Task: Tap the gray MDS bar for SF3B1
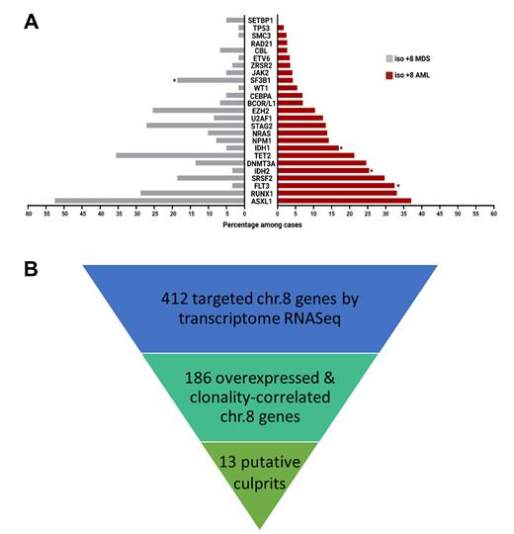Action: point(210,80)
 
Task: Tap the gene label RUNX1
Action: point(261,193)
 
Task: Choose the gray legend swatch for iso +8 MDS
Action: point(388,59)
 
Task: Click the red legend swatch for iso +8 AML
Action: point(388,76)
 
